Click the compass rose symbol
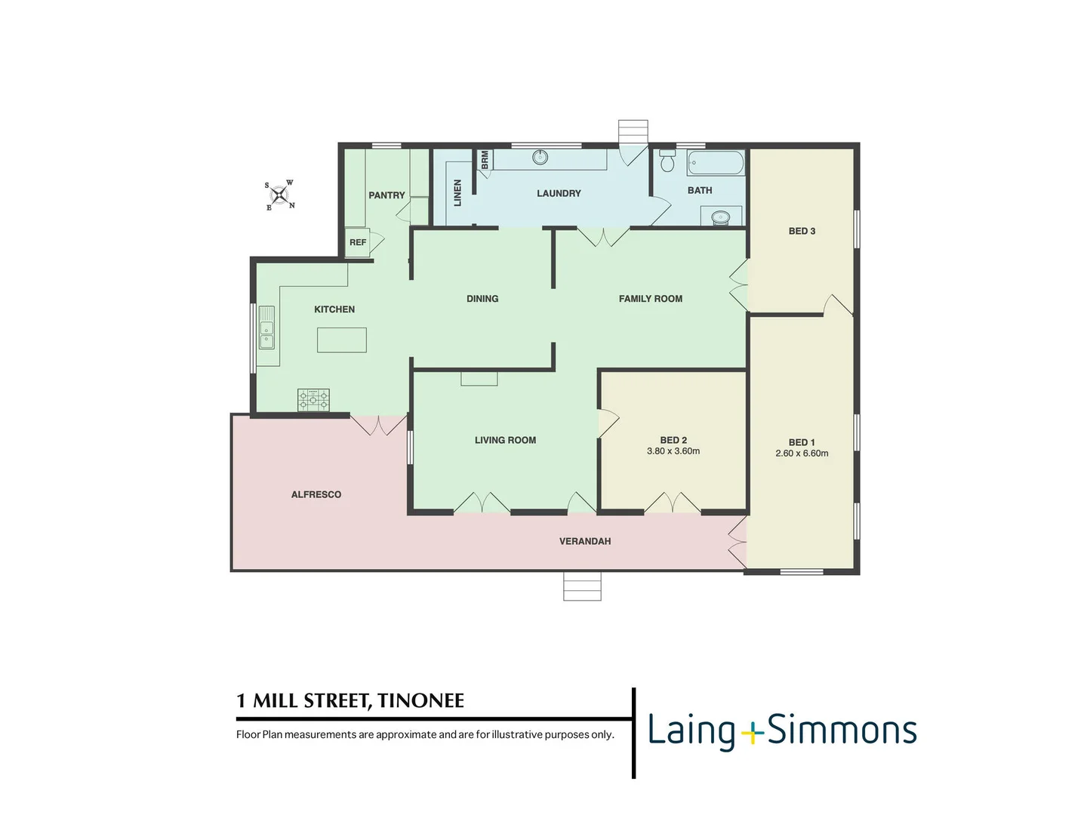tap(280, 196)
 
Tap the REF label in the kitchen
tap(358, 242)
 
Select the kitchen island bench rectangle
tap(342, 340)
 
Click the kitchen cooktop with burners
tap(313, 399)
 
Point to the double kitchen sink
tap(267, 328)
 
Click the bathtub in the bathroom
tap(716, 162)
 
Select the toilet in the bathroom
tap(667, 161)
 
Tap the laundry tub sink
tap(540, 157)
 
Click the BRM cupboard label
tap(485, 159)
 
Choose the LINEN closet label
tap(457, 192)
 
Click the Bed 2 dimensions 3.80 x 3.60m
tap(673, 451)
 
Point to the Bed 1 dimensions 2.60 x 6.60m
tap(802, 454)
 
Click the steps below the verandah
tap(582, 586)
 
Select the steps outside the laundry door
tap(633, 131)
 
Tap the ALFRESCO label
tap(316, 494)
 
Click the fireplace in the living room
tap(479, 379)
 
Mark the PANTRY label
tap(386, 195)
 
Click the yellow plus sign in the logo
tap(752, 733)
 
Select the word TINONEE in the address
tap(420, 701)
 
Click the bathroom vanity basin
tap(721, 217)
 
